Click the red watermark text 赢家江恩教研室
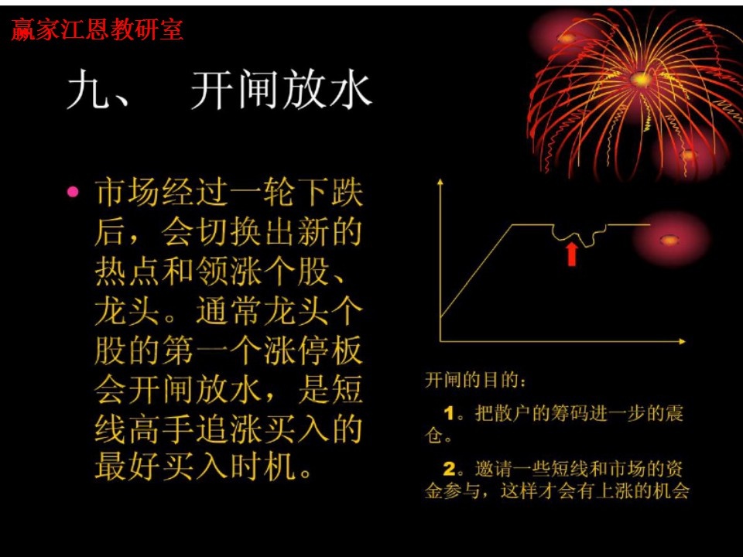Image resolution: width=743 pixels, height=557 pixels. click(x=98, y=30)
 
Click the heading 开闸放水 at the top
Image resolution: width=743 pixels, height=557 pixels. click(x=282, y=92)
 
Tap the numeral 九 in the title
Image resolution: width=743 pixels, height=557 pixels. click(x=86, y=92)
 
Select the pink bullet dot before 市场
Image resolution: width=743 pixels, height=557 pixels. click(x=74, y=191)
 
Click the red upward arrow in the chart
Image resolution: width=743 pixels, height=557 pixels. click(x=571, y=254)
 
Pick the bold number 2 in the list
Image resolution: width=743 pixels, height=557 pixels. click(x=449, y=468)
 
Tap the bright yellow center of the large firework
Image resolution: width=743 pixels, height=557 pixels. click(x=641, y=79)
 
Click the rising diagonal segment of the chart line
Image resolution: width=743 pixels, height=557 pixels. click(x=474, y=271)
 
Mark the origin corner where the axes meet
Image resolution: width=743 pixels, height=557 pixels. click(x=440, y=340)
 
